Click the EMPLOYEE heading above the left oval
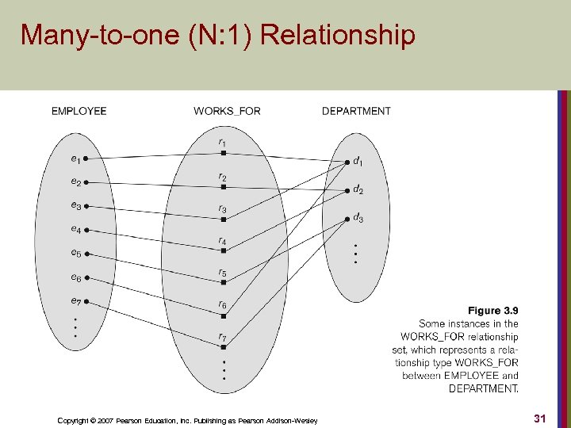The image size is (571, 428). click(x=79, y=111)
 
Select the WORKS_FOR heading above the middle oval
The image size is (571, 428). click(x=227, y=111)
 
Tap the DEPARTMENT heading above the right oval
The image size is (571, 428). click(x=356, y=111)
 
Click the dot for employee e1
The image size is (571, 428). click(x=86, y=159)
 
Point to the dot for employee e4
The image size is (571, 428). click(x=86, y=231)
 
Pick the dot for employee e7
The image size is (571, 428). click(x=86, y=301)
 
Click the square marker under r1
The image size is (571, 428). click(x=224, y=153)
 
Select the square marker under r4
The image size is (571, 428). click(x=224, y=250)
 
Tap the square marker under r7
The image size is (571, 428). click(x=224, y=347)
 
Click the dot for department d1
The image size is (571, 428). click(x=347, y=162)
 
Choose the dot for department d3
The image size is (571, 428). click(x=347, y=220)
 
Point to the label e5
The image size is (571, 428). click(x=75, y=254)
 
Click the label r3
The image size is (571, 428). click(x=223, y=209)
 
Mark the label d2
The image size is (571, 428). click(x=358, y=190)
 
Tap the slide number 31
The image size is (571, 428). click(x=540, y=418)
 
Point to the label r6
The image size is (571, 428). click(x=223, y=305)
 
